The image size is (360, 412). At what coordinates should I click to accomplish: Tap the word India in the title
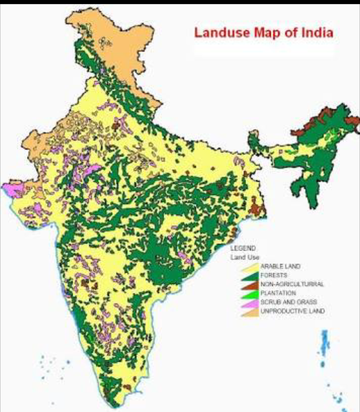pos(315,32)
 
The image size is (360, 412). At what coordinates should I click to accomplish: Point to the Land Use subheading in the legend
pos(245,257)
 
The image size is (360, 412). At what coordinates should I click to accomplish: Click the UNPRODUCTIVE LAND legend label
pos(291,311)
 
